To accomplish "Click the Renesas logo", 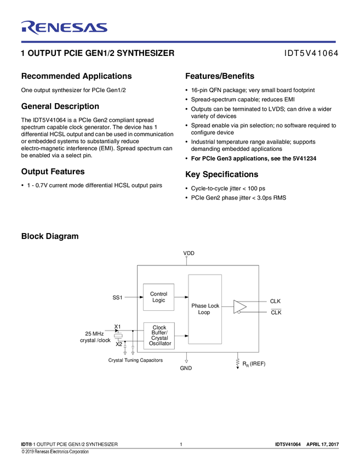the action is [64, 27].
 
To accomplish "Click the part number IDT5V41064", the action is [311, 54].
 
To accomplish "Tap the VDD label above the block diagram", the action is [188, 253].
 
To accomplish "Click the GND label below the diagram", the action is [186, 368].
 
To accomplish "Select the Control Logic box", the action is [158, 297].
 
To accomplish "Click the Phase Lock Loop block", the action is [205, 309].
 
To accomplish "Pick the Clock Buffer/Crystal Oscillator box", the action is [159, 336].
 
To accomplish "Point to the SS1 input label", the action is [117, 297].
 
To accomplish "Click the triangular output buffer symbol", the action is [239, 306].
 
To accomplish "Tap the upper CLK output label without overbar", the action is [275, 301].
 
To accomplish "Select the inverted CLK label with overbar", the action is [276, 312].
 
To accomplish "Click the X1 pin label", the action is [117, 327].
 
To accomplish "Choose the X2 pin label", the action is [119, 344].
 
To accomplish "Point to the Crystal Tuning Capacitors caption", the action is [135, 360].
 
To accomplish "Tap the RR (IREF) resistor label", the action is [253, 363].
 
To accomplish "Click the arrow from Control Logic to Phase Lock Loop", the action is [181, 297].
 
